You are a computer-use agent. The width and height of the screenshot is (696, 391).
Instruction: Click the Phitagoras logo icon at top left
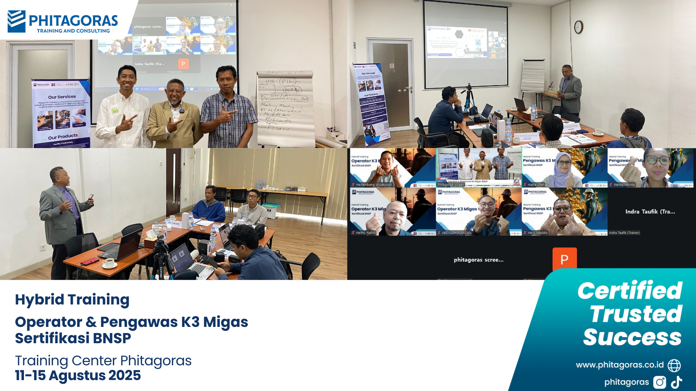point(16,21)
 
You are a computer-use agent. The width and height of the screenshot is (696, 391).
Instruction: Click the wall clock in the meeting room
point(579,27)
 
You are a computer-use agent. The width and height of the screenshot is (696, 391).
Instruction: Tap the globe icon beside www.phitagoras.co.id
point(674,366)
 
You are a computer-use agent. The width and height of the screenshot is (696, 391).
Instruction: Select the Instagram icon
point(659,382)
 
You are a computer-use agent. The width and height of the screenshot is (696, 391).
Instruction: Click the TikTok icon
point(676,382)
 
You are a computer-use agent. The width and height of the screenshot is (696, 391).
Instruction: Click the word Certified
point(630,291)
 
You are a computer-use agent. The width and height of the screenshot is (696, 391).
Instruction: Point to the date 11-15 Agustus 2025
point(78,376)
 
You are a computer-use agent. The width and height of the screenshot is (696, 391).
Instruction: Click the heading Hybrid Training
point(72,300)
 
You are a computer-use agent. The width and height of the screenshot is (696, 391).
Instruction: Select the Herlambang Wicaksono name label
point(373,185)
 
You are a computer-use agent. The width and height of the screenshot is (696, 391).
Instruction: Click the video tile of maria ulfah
point(564,168)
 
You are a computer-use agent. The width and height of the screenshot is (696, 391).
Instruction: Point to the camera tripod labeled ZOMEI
point(160,259)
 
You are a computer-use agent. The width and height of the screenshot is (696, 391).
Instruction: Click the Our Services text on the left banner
point(62,97)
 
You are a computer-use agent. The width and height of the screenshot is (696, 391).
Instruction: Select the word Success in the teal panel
point(632,337)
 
